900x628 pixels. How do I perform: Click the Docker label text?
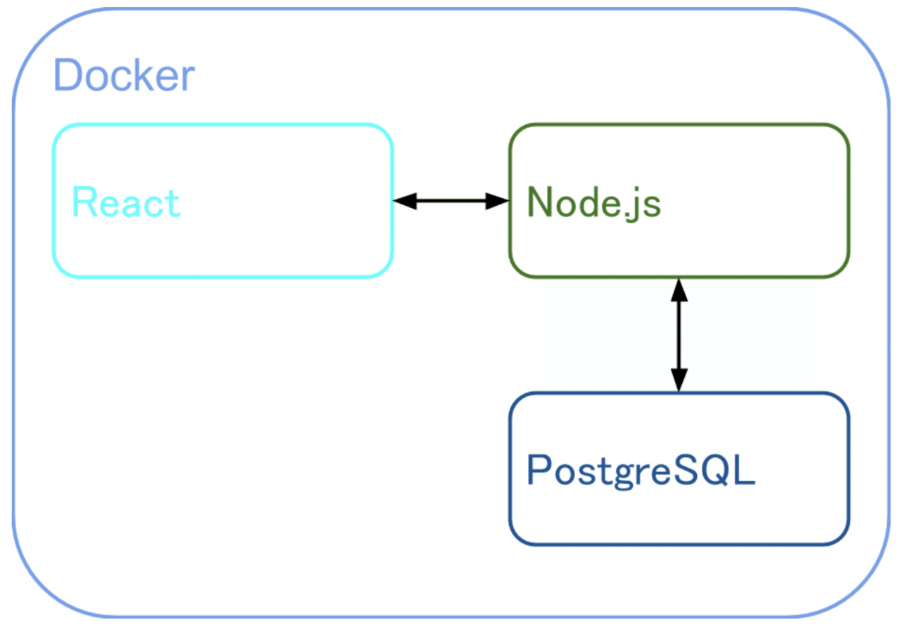(x=124, y=76)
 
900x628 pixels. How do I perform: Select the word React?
(x=127, y=202)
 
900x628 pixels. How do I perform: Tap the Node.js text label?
(x=594, y=202)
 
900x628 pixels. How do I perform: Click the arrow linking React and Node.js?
(x=451, y=201)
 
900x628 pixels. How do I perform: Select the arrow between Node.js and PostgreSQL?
(x=679, y=334)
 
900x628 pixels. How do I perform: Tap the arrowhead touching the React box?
(x=404, y=201)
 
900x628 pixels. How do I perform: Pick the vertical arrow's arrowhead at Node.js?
(x=679, y=289)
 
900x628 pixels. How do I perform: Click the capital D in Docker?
(x=68, y=76)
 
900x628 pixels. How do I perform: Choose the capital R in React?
(x=84, y=202)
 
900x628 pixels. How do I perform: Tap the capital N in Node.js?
(x=541, y=202)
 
